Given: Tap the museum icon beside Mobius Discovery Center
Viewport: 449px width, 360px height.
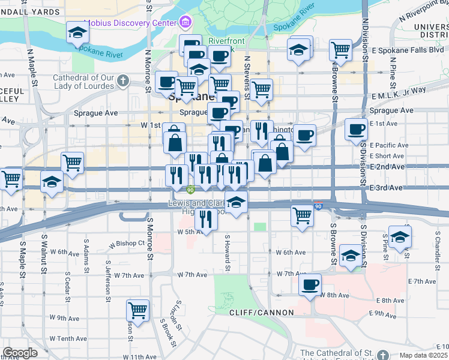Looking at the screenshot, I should [185, 23].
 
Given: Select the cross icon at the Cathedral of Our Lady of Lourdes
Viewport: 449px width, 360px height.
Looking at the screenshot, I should [122, 80].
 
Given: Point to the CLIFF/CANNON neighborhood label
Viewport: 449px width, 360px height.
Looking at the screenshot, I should [262, 313].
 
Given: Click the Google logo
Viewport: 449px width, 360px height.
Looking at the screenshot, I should [20, 353].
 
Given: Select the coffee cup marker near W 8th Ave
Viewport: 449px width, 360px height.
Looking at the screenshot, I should [310, 285].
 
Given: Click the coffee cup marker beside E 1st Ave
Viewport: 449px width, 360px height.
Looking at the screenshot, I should [357, 129].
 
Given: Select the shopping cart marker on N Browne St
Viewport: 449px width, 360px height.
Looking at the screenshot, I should [341, 50].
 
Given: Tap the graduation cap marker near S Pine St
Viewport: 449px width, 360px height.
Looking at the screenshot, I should [400, 236].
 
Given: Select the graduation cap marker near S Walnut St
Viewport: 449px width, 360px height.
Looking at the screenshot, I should [52, 182].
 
